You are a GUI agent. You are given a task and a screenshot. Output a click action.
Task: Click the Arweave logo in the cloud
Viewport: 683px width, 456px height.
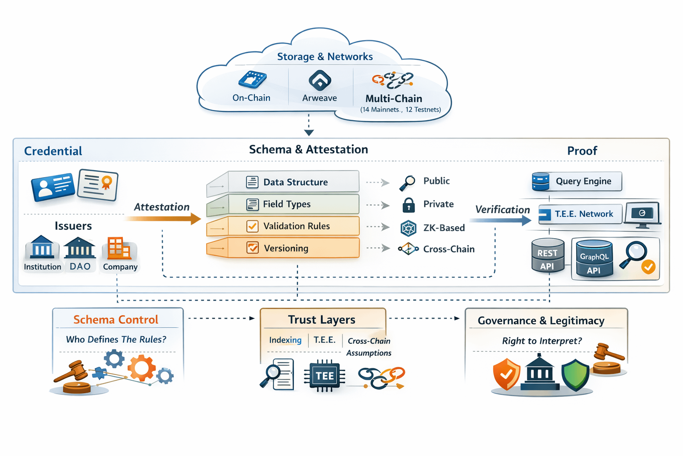(320, 81)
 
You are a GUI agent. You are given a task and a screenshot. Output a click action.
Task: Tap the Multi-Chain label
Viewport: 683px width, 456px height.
(394, 98)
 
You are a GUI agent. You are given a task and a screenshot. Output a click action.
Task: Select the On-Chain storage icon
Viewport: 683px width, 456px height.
(252, 80)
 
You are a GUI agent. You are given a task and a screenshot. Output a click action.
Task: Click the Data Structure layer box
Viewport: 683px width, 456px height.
(293, 182)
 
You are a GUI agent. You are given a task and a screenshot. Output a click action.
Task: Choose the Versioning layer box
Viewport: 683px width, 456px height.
(293, 248)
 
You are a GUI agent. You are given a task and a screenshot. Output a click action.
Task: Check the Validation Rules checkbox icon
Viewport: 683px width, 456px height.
(252, 226)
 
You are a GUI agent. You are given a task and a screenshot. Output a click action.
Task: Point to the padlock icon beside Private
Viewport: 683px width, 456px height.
(408, 205)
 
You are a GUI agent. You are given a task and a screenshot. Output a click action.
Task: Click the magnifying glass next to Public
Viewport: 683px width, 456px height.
(407, 182)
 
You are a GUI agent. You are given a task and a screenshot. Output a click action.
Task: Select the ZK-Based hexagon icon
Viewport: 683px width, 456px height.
(408, 228)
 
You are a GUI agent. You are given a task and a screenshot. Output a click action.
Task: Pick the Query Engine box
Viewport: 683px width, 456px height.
(577, 181)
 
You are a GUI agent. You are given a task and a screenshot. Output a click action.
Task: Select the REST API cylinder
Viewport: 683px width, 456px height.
(547, 256)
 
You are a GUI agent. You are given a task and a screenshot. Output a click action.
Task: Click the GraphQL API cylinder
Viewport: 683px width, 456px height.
(594, 259)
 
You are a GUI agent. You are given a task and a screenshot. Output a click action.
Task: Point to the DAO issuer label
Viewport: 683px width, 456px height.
(80, 266)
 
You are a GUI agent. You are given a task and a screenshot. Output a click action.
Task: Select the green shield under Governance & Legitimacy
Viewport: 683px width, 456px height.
(575, 375)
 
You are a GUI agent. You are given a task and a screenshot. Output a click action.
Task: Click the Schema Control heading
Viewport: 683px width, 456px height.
(116, 320)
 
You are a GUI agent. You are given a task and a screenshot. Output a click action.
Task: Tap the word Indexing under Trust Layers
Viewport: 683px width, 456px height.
(285, 340)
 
